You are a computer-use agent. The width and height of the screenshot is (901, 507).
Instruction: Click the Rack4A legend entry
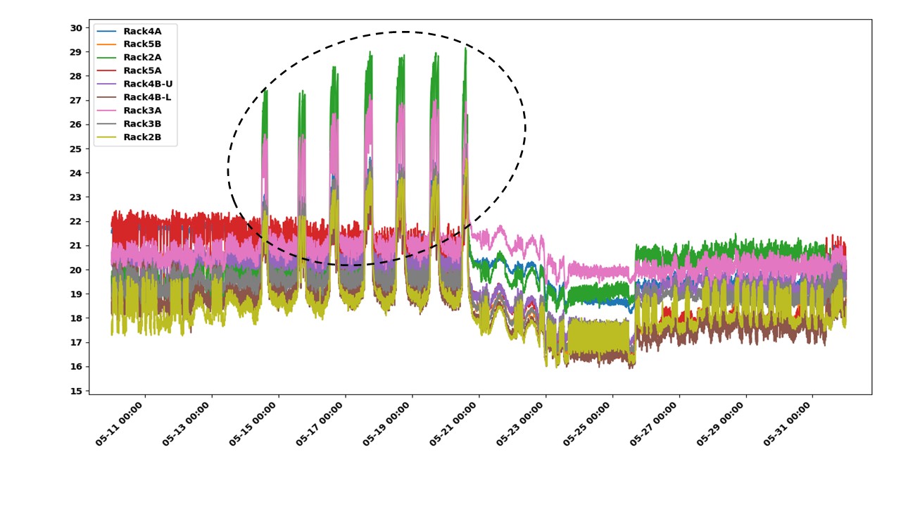[x=141, y=31]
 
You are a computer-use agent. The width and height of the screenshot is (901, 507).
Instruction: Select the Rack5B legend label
[x=141, y=44]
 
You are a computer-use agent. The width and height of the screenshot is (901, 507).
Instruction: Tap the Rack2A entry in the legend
[x=141, y=58]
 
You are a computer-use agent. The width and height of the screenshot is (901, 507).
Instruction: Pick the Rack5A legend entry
[x=141, y=70]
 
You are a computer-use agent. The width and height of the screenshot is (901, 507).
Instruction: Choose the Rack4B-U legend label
[x=147, y=84]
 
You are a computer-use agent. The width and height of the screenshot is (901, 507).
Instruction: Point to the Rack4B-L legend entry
[x=146, y=97]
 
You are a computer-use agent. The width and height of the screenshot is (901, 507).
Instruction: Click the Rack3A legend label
[x=141, y=111]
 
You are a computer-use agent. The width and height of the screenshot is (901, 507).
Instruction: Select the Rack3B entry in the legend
[x=141, y=124]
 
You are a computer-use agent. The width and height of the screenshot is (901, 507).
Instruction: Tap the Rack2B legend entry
[x=141, y=137]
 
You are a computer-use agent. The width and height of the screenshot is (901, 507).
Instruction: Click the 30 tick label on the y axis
[x=76, y=28]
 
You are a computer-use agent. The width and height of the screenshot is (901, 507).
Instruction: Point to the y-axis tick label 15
[x=76, y=391]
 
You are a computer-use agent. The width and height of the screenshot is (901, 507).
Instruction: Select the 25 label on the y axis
[x=76, y=149]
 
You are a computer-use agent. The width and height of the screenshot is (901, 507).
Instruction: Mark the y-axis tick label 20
[x=76, y=270]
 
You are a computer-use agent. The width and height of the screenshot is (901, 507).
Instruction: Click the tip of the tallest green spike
[x=465, y=48]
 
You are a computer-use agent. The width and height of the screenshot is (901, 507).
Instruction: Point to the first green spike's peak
[x=265, y=90]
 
